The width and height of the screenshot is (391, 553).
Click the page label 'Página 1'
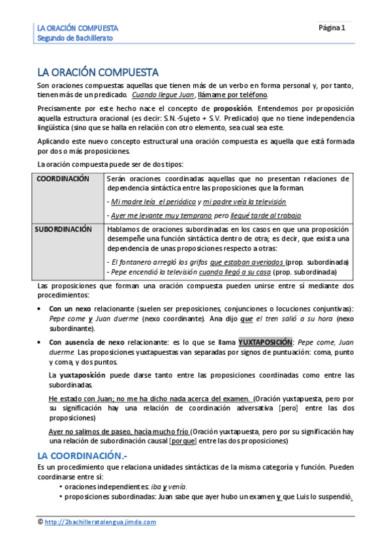[x=332, y=28]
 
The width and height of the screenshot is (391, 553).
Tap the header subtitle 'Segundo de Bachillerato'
[x=74, y=38]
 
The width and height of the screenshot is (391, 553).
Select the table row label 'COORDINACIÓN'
[x=63, y=179]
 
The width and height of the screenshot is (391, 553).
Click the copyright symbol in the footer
[x=40, y=522]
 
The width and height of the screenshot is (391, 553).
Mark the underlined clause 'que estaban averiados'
[x=242, y=262]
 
